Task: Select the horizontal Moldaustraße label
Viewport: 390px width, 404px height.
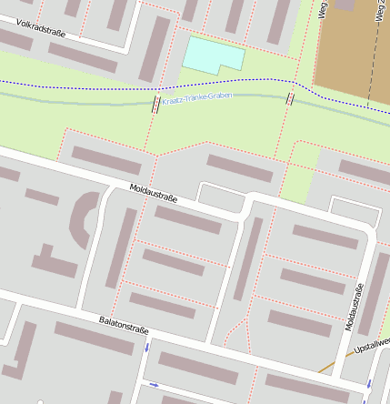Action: coord(153,193)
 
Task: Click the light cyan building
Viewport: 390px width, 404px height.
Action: coord(213,55)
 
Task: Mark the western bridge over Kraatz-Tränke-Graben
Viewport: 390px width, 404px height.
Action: coord(156,105)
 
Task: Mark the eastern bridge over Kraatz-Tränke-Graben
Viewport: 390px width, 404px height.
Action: coord(290,98)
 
